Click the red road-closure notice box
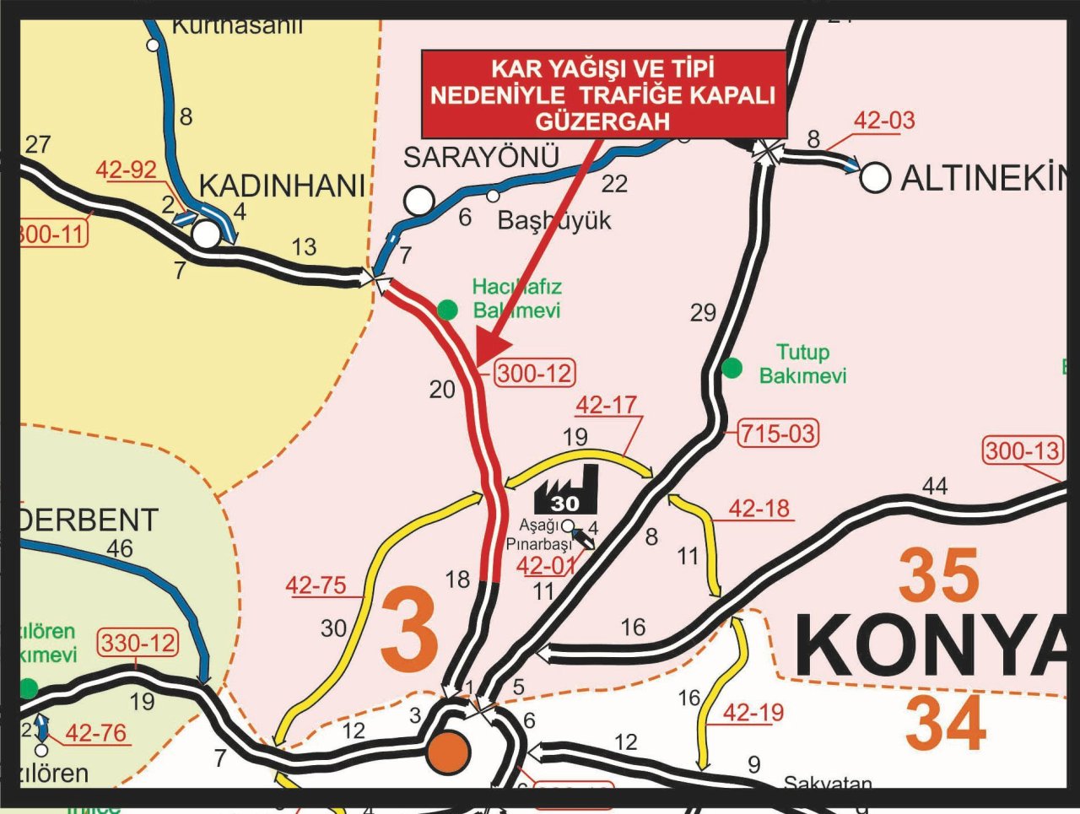[603, 94]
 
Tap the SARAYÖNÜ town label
[481, 158]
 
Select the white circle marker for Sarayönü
[419, 201]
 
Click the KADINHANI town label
[282, 186]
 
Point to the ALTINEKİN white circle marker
[875, 177]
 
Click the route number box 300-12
[534, 373]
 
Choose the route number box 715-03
[777, 434]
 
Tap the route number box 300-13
[1023, 450]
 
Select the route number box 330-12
[138, 644]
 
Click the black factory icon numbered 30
[566, 490]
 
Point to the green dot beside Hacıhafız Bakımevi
[447, 310]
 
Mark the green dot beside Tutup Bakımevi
[732, 368]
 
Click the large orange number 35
[938, 576]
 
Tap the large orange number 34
[945, 723]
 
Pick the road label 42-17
[606, 405]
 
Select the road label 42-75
[316, 585]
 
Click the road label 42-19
[753, 713]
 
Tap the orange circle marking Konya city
[448, 752]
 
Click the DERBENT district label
[89, 520]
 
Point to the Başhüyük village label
[554, 220]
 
